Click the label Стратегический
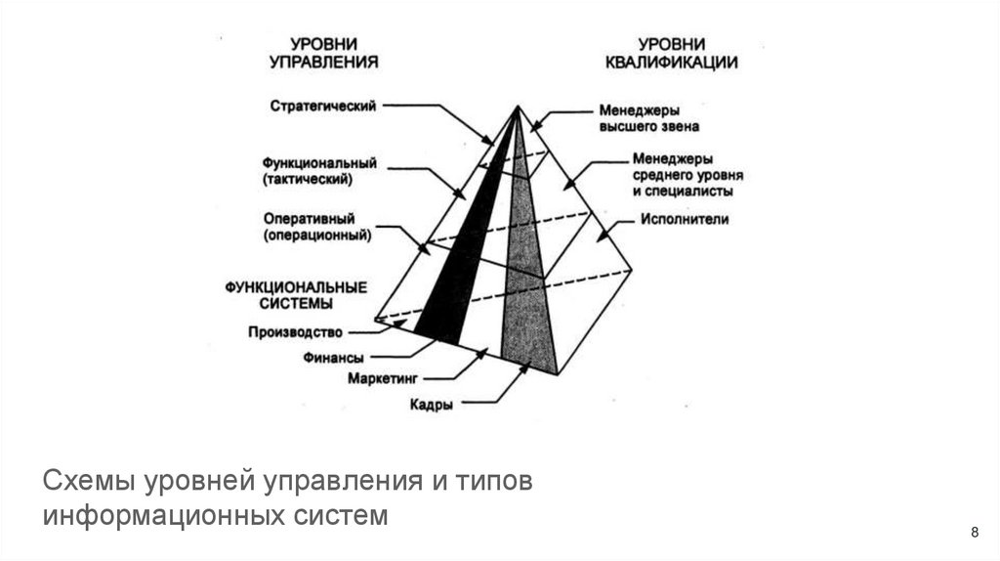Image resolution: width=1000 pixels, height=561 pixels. coord(323,106)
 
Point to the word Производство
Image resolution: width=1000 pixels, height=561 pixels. coord(295,331)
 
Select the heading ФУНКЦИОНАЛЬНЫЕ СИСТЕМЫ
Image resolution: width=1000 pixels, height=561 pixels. coord(295,295)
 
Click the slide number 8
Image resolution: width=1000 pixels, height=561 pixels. coord(974,532)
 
